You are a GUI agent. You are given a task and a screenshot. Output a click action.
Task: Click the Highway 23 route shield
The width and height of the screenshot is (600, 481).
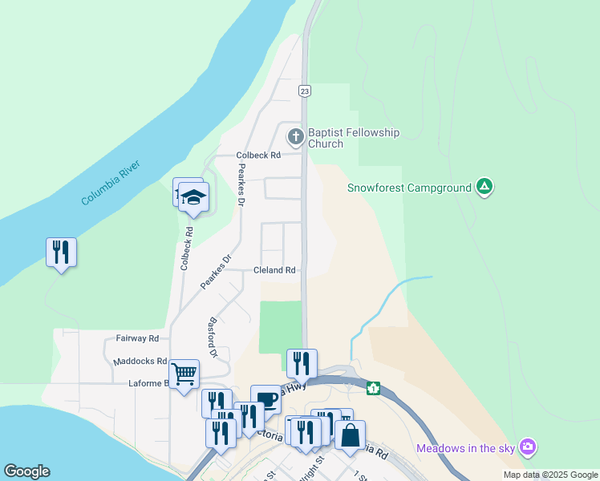click(305, 91)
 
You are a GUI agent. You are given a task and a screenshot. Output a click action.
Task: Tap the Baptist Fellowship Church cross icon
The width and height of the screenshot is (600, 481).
click(295, 137)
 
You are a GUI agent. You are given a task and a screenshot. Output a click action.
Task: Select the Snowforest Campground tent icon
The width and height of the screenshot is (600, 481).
click(484, 188)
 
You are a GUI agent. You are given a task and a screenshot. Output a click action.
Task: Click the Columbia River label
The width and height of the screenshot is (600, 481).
click(111, 183)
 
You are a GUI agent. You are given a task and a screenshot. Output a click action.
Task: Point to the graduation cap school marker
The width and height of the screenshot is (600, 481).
click(193, 197)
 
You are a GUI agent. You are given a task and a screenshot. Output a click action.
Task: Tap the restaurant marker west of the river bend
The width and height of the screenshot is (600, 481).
click(61, 253)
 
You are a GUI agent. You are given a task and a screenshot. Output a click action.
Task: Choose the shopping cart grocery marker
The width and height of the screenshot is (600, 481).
click(184, 374)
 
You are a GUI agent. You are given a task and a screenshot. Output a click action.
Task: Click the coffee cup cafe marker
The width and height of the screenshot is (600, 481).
click(266, 399)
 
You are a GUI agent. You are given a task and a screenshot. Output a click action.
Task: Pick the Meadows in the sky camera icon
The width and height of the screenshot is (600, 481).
click(527, 446)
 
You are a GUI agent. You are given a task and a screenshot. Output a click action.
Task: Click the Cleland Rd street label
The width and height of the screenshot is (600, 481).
click(274, 270)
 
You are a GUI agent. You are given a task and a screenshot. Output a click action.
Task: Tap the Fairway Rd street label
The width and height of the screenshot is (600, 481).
click(137, 338)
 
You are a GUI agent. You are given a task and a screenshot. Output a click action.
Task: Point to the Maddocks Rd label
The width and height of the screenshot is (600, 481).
click(140, 362)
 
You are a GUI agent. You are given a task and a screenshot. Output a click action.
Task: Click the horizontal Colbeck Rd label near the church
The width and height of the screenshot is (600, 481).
click(257, 156)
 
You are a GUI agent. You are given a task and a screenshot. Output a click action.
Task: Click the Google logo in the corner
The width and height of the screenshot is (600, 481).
click(26, 471)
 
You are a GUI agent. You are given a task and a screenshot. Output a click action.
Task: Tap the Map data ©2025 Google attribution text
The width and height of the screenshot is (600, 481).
click(550, 475)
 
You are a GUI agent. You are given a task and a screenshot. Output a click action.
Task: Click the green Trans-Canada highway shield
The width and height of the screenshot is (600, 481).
click(373, 389)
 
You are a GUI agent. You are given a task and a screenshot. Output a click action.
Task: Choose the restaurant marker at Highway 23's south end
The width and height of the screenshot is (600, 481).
click(302, 364)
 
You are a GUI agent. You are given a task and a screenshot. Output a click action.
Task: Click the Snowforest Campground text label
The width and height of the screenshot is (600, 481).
click(409, 188)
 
